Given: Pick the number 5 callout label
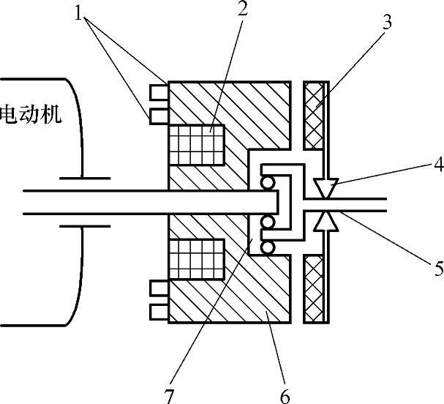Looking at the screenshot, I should pos(437,268).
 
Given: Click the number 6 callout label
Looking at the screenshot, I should pos(285,396).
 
